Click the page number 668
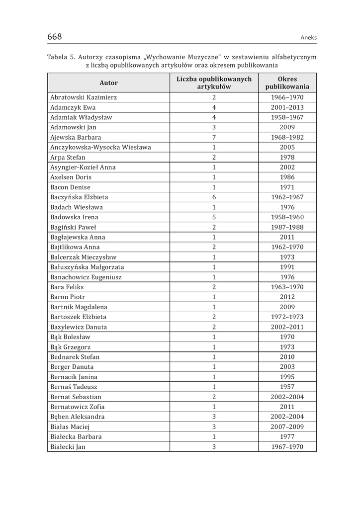54,37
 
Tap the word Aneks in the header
308,38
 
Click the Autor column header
108,83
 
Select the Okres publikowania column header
287,83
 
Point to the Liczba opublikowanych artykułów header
214,83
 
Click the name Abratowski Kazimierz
84,97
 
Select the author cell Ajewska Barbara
76,137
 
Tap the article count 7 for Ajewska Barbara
214,137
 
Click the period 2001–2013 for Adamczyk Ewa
287,107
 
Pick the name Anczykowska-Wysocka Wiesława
100,147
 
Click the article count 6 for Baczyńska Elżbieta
214,197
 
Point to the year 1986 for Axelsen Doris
287,177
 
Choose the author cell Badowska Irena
74,217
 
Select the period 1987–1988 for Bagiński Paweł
287,227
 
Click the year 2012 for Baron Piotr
287,297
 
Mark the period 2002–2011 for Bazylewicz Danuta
287,327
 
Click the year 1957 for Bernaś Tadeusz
287,387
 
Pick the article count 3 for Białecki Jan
214,447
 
